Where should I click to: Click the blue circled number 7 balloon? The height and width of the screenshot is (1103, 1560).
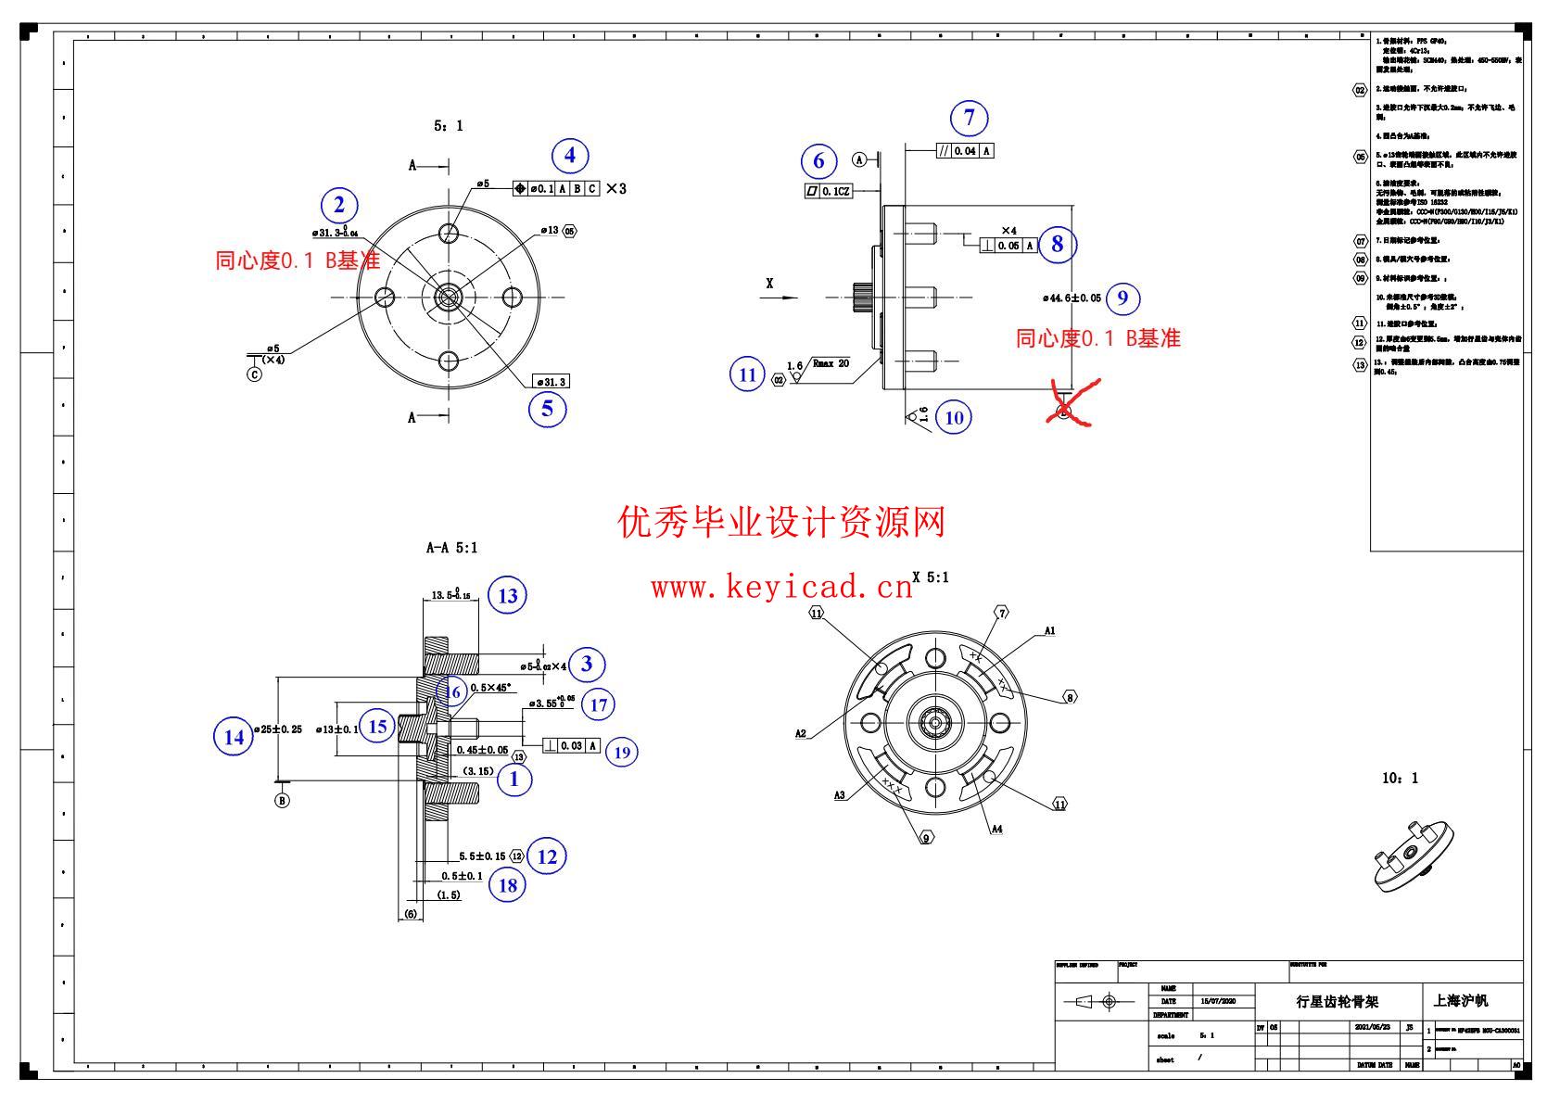click(x=970, y=118)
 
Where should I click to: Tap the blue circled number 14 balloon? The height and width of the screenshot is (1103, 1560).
click(x=234, y=737)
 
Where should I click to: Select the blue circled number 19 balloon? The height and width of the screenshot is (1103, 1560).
click(x=622, y=752)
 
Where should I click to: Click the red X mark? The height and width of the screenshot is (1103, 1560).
click(x=1070, y=404)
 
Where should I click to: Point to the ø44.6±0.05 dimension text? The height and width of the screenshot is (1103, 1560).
click(x=1072, y=298)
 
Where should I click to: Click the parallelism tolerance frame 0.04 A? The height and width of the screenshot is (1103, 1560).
click(x=964, y=151)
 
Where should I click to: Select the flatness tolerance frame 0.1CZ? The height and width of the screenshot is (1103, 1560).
click(x=828, y=191)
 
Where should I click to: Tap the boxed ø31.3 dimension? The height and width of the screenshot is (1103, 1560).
click(x=552, y=382)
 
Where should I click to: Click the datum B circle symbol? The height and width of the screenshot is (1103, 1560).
click(x=282, y=801)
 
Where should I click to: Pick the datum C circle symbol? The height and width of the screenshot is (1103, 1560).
click(x=254, y=374)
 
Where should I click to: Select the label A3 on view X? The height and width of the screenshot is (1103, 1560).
click(x=840, y=795)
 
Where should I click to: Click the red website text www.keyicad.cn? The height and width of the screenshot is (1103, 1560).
click(x=781, y=588)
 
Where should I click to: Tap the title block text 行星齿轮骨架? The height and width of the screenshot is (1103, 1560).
click(x=1337, y=1002)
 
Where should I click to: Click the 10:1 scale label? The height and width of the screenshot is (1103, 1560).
click(x=1400, y=779)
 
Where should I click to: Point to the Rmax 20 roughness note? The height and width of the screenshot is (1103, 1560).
click(x=831, y=363)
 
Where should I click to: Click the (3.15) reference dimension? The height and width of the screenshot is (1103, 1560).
click(x=478, y=771)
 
